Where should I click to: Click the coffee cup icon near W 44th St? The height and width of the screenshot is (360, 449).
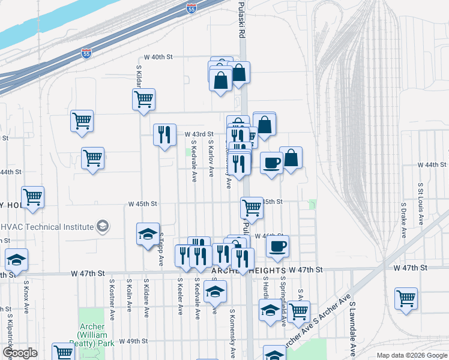pyautogui.click(x=271, y=162)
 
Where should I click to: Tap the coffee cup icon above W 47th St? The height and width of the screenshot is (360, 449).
pyautogui.click(x=277, y=247)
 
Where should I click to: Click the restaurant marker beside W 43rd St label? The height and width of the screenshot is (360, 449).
pyautogui.click(x=164, y=135)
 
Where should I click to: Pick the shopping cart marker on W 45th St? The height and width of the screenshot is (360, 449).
pyautogui.click(x=252, y=208)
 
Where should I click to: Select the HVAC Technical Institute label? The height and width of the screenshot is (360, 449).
pyautogui.click(x=51, y=226)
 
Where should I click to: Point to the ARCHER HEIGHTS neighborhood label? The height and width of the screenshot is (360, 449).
pyautogui.click(x=247, y=271)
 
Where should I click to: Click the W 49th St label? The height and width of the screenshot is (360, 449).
pyautogui.click(x=133, y=341)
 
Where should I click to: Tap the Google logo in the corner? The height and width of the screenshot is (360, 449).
pyautogui.click(x=20, y=353)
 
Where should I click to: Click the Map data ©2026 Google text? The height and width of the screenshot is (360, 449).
pyautogui.click(x=411, y=355)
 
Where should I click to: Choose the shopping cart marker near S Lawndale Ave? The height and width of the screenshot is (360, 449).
pyautogui.click(x=406, y=298)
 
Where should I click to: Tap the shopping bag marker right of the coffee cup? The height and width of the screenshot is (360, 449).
pyautogui.click(x=291, y=159)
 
